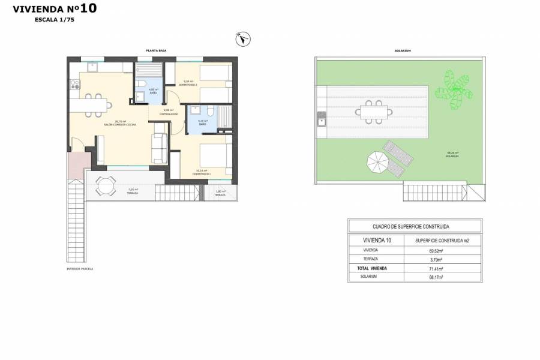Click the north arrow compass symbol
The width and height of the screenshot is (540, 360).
243,38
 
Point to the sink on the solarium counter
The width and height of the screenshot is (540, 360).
321,122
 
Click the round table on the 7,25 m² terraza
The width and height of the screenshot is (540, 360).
105,187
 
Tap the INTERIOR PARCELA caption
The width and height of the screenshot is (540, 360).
80,269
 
